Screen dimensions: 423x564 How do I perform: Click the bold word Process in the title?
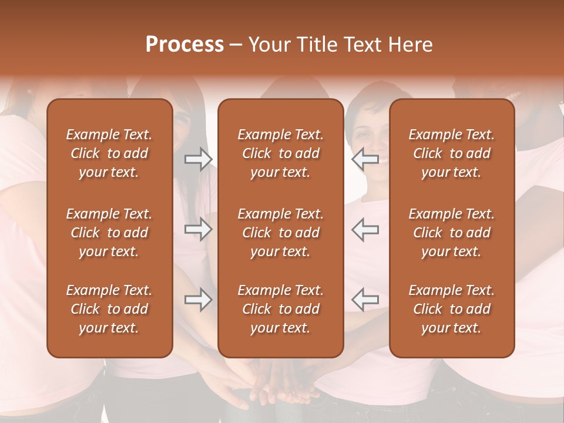point(184,45)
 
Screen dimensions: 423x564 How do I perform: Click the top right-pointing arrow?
point(199,159)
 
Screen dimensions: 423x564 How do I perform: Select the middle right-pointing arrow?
point(199,229)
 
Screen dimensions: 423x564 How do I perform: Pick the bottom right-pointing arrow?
point(199,300)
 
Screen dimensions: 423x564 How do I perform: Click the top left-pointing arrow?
point(365,159)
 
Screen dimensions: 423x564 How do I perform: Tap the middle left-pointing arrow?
point(365,229)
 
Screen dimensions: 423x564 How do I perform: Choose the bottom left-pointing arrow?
point(365,300)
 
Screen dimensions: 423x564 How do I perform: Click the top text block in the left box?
point(109,153)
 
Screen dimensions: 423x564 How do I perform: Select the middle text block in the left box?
point(109,233)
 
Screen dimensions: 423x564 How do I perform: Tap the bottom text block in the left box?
point(109,309)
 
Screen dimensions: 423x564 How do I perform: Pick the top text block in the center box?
point(280,153)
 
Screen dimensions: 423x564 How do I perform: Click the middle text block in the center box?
point(280,233)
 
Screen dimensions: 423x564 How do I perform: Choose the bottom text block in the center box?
point(280,309)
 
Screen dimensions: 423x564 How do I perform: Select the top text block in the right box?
point(451,153)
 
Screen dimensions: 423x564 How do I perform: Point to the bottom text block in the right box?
point(451,309)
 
